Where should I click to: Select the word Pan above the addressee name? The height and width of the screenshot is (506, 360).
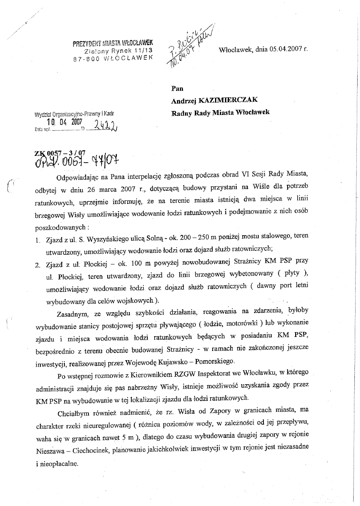click(x=177, y=89)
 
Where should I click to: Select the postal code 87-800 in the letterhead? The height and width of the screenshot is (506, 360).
click(x=86, y=58)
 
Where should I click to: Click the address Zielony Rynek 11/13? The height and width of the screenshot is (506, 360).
click(x=119, y=51)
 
